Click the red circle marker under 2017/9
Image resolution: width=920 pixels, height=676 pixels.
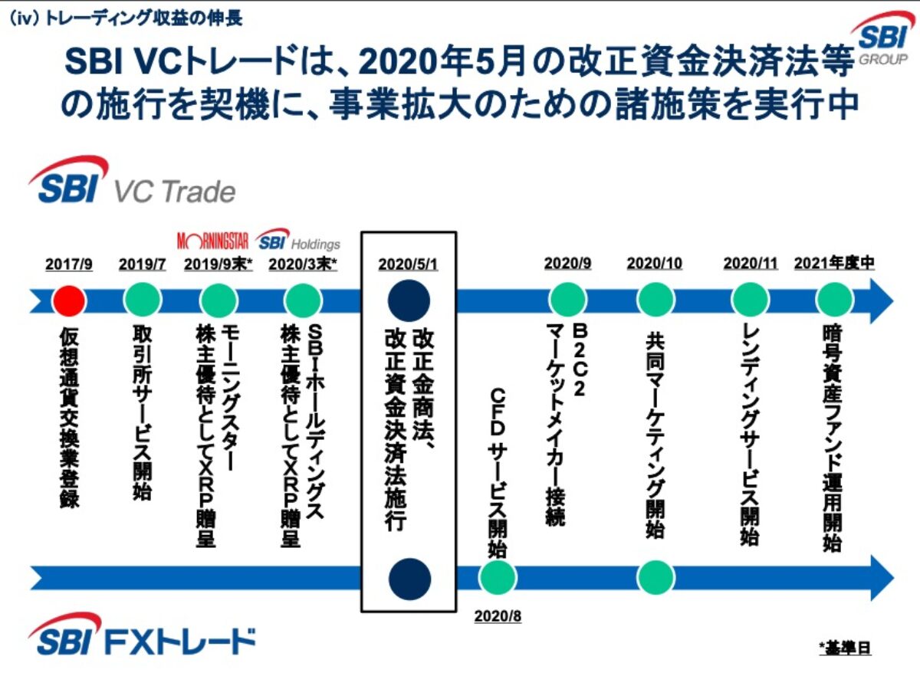[69, 300]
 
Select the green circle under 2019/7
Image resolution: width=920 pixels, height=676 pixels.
[143, 300]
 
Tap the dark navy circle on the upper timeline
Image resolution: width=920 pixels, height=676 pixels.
[409, 300]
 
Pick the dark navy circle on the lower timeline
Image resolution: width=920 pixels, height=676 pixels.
[409, 576]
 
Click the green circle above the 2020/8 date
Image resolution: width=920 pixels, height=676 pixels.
[498, 576]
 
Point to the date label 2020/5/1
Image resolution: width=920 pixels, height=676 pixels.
[409, 264]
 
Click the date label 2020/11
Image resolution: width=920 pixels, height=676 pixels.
[750, 264]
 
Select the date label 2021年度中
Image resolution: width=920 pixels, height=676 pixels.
[834, 264]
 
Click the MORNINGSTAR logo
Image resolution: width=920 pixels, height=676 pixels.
[213, 241]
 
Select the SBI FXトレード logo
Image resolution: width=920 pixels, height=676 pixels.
[143, 638]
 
